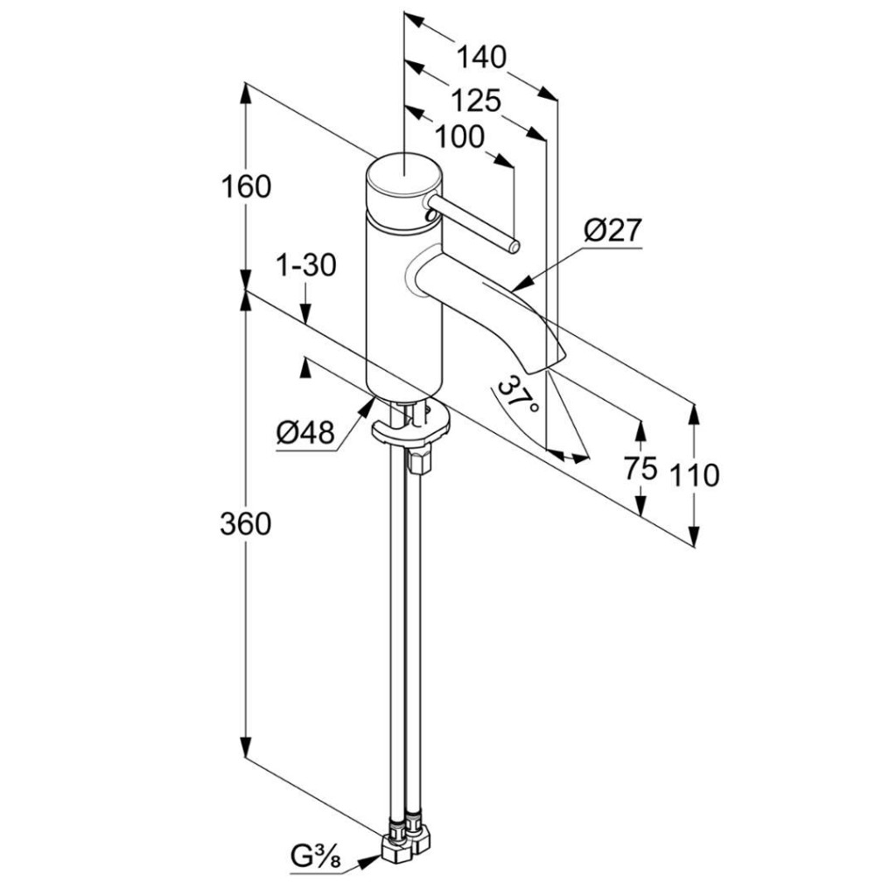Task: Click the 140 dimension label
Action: pos(481,58)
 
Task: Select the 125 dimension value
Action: pos(477,101)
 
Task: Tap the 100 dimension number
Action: pos(458,136)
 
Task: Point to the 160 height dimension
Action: pos(247,187)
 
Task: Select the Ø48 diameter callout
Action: pos(306,433)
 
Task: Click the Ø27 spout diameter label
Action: pos(613,231)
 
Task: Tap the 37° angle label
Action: pos(517,395)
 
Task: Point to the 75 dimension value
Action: pos(640,469)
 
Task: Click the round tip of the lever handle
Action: pos(514,245)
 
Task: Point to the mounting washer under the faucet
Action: pos(409,429)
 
